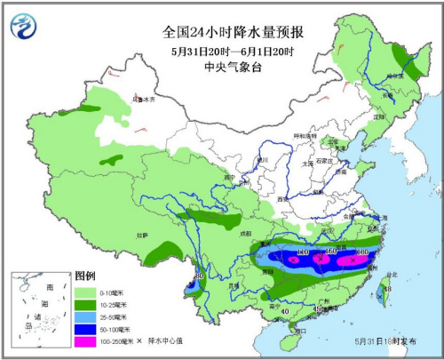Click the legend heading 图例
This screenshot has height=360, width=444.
(x=84, y=275)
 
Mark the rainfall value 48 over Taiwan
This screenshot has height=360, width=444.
(x=385, y=289)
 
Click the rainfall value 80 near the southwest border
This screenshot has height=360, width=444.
(x=200, y=276)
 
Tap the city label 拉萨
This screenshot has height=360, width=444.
(x=141, y=235)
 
